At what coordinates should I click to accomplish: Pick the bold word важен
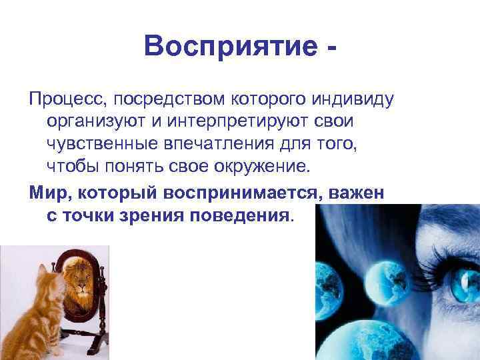click(x=359, y=193)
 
